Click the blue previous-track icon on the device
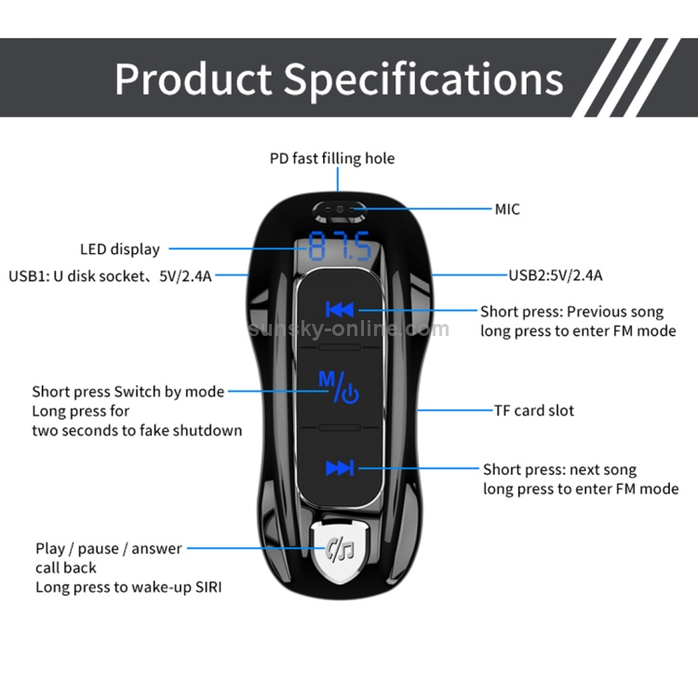(339, 310)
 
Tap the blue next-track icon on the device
(339, 468)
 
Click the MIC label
(507, 208)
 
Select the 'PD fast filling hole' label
(332, 158)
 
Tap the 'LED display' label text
(119, 249)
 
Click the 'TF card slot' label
(533, 410)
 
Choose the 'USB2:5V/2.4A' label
(555, 275)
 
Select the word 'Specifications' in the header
(423, 80)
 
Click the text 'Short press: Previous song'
(571, 312)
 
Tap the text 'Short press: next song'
(559, 470)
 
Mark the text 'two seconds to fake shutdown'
(137, 430)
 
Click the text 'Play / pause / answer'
(109, 549)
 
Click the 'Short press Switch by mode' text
(128, 392)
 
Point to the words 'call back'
(66, 568)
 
